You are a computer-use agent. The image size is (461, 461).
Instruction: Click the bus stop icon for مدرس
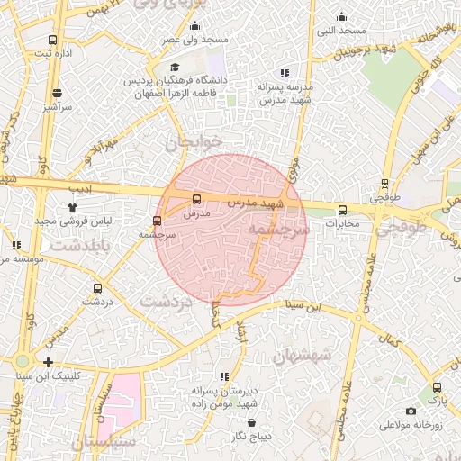coord(197,200)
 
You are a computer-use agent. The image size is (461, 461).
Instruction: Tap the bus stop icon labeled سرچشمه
coord(158,221)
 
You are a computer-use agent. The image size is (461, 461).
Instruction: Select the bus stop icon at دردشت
coord(97,288)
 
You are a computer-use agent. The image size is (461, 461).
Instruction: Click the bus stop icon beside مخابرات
coord(342,210)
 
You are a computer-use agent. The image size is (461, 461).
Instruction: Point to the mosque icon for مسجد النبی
coord(341,16)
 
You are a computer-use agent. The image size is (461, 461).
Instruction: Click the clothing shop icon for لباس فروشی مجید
coord(72,206)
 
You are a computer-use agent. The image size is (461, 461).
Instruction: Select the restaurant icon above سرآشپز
coord(58,93)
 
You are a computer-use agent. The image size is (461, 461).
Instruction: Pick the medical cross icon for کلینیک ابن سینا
coord(48,362)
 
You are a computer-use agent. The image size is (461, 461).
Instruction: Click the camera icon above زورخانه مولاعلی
coord(411,411)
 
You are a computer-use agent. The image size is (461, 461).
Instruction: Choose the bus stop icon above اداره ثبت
coord(53,41)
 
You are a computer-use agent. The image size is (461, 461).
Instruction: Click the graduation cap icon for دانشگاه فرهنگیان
coord(175,67)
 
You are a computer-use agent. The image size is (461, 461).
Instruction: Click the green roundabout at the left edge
coord(21,362)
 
